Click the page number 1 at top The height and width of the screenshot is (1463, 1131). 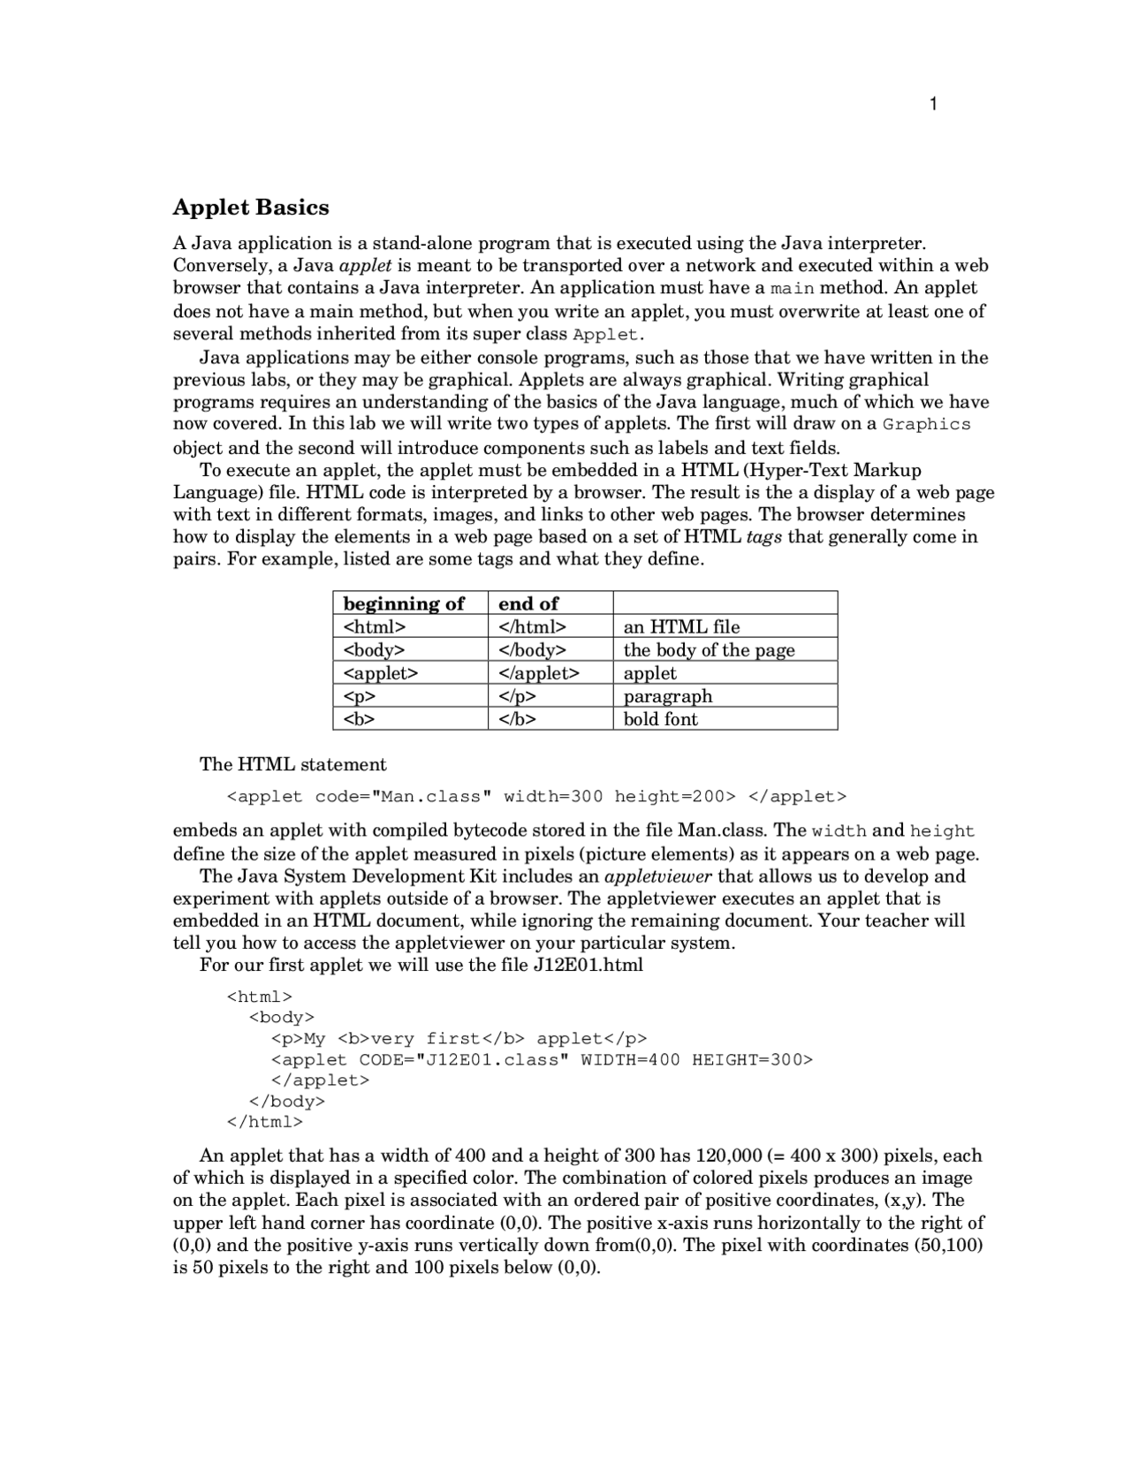coord(934,105)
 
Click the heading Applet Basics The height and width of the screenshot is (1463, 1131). coord(251,208)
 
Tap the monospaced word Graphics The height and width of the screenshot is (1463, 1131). coord(926,425)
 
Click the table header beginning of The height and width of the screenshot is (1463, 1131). coord(404,603)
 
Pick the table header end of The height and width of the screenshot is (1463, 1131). coord(528,603)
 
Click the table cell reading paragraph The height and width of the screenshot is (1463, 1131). coord(668,696)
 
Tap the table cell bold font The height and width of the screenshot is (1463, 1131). coord(661,719)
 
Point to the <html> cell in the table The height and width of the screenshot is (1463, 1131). coord(375,627)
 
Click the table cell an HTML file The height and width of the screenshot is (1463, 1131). coord(681,627)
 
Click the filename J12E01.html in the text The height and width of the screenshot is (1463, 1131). coord(588,966)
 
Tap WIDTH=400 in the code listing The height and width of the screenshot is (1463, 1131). coord(630,1060)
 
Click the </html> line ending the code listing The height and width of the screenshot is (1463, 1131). coord(265,1123)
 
